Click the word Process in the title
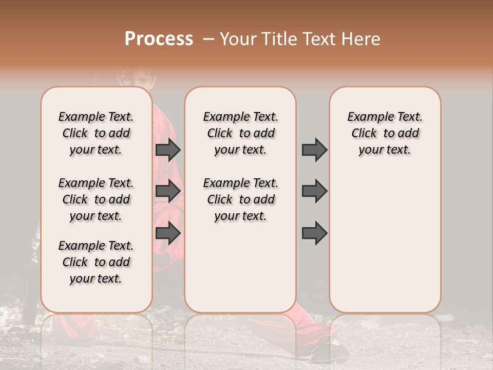point(159,39)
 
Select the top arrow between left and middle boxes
point(168,150)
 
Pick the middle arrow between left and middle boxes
point(168,191)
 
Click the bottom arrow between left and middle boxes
point(168,233)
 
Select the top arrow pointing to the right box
point(314,150)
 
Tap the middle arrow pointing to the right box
point(314,191)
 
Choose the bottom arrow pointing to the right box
point(314,233)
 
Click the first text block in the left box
point(96,133)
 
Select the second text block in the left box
point(96,199)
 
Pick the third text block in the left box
point(96,262)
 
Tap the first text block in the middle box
point(240,133)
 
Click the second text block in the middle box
point(240,199)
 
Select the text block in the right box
point(385,133)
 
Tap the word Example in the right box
point(367,117)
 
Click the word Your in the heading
point(239,39)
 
